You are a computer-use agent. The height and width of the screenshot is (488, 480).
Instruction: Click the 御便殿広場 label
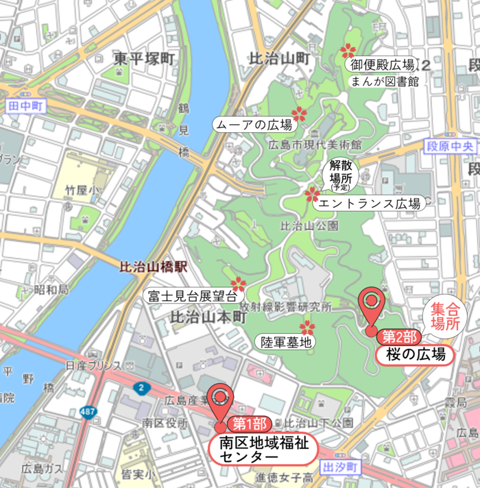[383, 65]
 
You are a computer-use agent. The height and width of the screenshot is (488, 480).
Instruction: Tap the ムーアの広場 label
[254, 125]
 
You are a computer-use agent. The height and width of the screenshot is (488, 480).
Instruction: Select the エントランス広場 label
[368, 204]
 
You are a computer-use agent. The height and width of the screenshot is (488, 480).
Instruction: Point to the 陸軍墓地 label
[285, 341]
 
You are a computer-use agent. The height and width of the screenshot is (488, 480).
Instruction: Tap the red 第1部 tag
[250, 424]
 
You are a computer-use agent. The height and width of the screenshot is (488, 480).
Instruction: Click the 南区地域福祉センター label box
[264, 449]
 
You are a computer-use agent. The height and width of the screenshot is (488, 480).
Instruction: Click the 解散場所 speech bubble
[339, 174]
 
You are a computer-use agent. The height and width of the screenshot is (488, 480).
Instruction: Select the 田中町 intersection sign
[26, 106]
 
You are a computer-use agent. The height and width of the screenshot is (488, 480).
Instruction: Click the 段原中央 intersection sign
[449, 147]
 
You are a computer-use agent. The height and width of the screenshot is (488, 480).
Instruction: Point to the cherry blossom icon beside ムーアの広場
[299, 114]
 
